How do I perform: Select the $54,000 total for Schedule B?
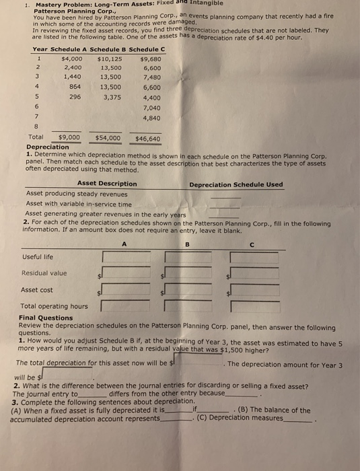pos(108,138)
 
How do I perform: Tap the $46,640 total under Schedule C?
pos(148,139)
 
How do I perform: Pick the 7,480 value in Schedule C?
pos(151,77)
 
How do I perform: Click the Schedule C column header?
pos(147,49)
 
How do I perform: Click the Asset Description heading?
pos(107,184)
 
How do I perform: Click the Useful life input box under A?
pos(126,256)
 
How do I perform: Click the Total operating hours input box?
pos(254,307)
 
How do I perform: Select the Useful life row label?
pos(37,256)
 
